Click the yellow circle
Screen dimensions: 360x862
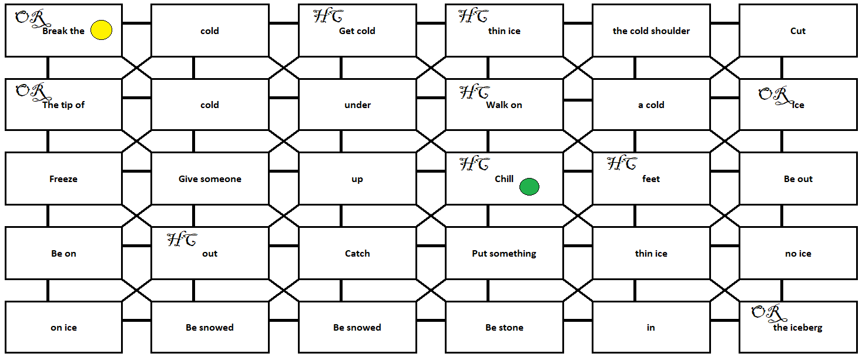(x=102, y=31)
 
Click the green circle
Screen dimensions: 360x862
(x=529, y=187)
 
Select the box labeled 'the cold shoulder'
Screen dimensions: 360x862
(x=651, y=31)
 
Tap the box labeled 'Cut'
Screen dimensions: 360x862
(x=797, y=31)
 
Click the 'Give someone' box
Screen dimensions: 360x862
(x=210, y=179)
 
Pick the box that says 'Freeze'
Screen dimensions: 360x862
(x=63, y=179)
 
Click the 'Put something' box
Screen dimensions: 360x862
(x=504, y=253)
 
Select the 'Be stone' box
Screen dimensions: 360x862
(x=504, y=327)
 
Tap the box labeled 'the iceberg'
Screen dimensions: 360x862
(x=797, y=327)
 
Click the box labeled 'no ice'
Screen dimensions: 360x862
(x=797, y=253)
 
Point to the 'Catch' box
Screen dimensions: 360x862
(x=357, y=253)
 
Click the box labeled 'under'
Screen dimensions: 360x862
(x=357, y=105)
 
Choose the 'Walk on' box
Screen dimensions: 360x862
(x=504, y=105)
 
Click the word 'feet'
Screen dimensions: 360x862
(x=651, y=179)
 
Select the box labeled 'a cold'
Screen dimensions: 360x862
(x=651, y=105)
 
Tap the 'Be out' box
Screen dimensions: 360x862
(x=797, y=179)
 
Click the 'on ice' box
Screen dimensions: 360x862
(x=63, y=327)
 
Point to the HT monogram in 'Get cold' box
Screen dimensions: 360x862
(x=328, y=16)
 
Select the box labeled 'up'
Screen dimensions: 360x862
(x=357, y=179)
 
